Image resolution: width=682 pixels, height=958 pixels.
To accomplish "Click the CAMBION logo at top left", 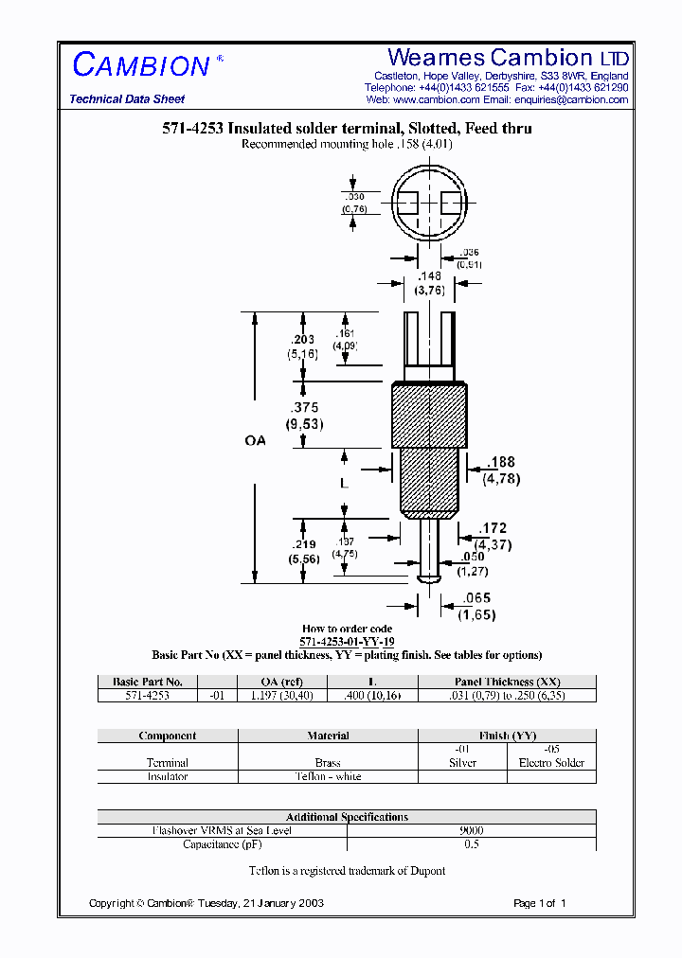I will pyautogui.click(x=141, y=65).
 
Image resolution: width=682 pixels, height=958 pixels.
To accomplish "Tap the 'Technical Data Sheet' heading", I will pyautogui.click(x=127, y=99).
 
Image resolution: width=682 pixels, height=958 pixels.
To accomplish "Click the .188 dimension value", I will pyautogui.click(x=501, y=462).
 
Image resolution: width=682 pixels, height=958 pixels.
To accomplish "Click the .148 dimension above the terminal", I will pyautogui.click(x=431, y=276).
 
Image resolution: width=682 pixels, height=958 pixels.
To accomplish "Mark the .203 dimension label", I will pyautogui.click(x=302, y=340).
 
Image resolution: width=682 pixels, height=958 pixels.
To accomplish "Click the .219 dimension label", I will pyautogui.click(x=304, y=544).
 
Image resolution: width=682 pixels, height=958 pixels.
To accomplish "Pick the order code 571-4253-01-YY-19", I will pyautogui.click(x=347, y=642).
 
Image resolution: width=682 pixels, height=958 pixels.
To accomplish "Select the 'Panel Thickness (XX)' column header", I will pyautogui.click(x=507, y=682).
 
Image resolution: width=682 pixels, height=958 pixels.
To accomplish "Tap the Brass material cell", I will pyautogui.click(x=328, y=762).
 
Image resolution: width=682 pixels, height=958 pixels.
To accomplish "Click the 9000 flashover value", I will pyautogui.click(x=471, y=830).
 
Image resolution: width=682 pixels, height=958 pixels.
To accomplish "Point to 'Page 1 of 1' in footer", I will pyautogui.click(x=539, y=903).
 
